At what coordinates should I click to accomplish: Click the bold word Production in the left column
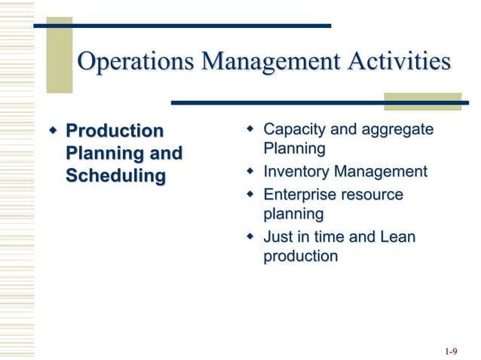[114, 131]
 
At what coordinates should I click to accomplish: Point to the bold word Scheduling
[115, 176]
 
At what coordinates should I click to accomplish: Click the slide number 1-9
[452, 351]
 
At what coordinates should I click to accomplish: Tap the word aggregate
[397, 130]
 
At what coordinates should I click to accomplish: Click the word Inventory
[296, 172]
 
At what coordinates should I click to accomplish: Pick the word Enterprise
[299, 195]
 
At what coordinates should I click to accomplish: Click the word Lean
[397, 236]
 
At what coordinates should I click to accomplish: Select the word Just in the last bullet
[277, 236]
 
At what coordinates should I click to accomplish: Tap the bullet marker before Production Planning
[53, 132]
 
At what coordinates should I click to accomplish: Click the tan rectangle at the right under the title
[422, 102]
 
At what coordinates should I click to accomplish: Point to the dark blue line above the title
[181, 26]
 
